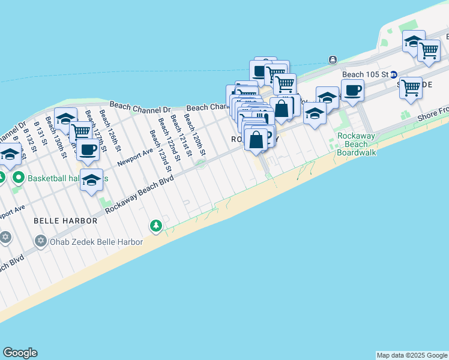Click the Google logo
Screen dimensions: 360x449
point(20,353)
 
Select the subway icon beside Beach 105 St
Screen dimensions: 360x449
point(394,74)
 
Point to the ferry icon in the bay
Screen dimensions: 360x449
point(332,59)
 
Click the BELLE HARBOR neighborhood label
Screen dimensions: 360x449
point(65,221)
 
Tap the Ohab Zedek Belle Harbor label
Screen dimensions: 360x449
point(97,242)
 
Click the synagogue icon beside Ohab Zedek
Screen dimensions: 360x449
point(41,242)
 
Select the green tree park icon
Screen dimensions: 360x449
point(156,226)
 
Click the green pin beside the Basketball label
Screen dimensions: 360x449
point(18,178)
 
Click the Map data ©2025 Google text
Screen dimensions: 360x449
point(412,355)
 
